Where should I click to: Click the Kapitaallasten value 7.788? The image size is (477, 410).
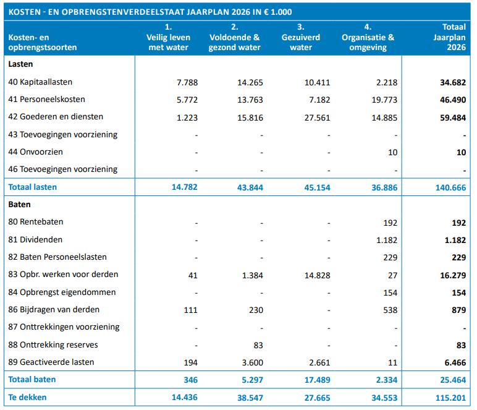click(185, 82)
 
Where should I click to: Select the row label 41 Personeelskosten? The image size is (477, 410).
click(47, 100)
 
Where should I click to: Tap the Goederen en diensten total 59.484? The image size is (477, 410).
click(454, 117)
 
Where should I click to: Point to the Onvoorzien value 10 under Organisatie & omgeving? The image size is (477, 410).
click(393, 152)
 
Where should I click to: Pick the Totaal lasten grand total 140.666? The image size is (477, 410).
click(450, 187)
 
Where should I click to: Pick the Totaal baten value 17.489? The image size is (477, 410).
click(316, 379)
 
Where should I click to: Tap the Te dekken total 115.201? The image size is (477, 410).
click(451, 397)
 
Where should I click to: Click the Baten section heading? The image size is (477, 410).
click(20, 204)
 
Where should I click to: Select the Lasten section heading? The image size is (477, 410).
click(21, 64)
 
